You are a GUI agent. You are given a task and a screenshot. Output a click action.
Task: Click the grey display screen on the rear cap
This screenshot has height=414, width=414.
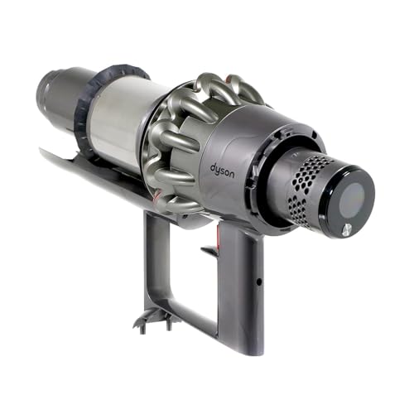[353, 199]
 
